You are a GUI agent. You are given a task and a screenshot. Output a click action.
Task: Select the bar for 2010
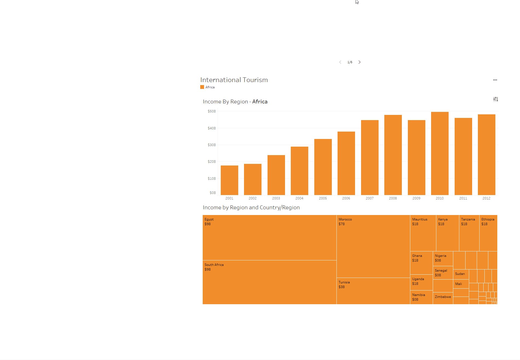(x=440, y=153)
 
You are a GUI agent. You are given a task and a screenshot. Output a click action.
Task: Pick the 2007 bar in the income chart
(x=370, y=157)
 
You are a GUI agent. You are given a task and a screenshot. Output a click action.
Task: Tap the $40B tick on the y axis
(x=212, y=128)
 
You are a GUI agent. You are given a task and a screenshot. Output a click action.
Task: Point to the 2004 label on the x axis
(x=299, y=198)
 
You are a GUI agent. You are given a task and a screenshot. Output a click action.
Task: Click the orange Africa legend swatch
(x=202, y=87)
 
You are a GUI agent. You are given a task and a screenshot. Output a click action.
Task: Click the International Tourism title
(x=234, y=80)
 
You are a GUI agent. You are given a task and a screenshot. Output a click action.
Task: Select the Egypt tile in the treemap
(x=269, y=237)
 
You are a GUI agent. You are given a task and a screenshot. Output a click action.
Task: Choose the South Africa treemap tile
(x=269, y=282)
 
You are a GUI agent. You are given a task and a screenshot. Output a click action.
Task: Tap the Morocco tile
(x=373, y=246)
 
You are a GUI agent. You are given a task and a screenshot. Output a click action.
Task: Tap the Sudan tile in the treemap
(x=461, y=274)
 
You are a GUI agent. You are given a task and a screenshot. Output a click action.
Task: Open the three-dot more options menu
(x=495, y=80)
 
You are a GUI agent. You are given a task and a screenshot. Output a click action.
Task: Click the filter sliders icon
(x=496, y=99)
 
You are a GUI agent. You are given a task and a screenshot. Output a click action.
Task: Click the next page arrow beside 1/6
(x=359, y=62)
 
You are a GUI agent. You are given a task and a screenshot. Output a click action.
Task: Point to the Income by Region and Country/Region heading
(x=251, y=207)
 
